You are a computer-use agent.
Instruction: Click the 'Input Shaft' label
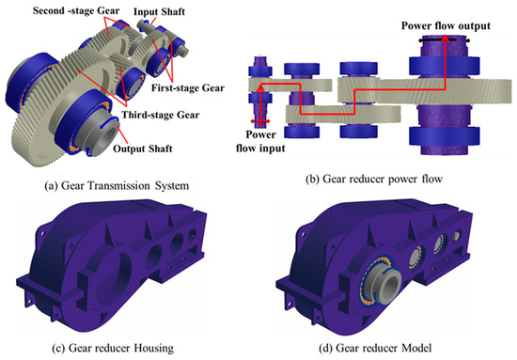159,12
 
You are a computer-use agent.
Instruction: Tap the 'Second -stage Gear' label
76,11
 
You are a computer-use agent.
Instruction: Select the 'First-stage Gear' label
188,88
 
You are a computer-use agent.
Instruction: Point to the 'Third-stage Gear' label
161,115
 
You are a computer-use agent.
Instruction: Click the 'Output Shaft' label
143,149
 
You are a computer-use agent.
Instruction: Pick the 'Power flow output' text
446,25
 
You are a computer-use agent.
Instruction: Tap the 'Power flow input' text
260,141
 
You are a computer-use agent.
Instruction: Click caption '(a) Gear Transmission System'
117,185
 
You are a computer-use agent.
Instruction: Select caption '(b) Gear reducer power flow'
374,179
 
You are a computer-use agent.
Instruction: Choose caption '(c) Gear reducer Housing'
113,348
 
